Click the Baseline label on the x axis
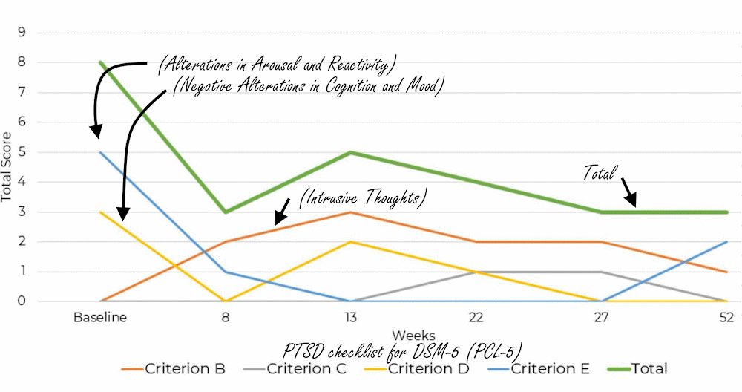99,318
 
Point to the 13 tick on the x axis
350,318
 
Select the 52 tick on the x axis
726,318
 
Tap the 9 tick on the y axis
22,33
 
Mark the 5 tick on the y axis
22,152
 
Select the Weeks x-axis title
413,335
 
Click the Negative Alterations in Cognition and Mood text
307,86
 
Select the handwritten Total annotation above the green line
600,174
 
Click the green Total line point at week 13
350,152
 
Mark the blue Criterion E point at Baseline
99,152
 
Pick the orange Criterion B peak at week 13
350,212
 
